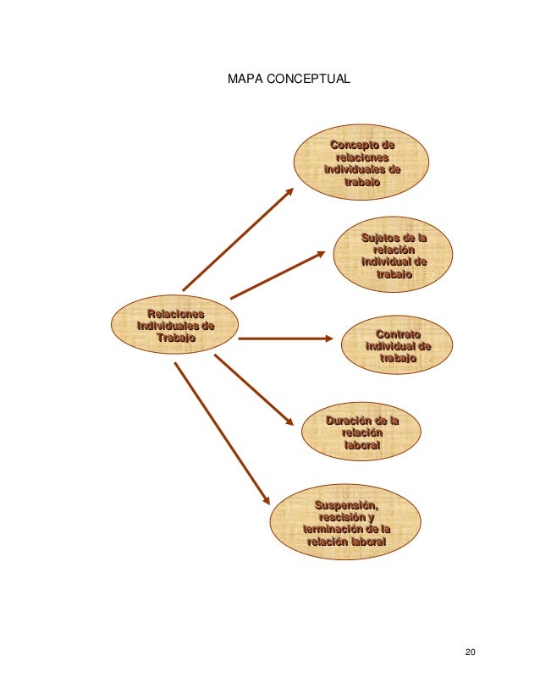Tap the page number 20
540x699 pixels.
point(471,651)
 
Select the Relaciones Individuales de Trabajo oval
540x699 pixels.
point(176,326)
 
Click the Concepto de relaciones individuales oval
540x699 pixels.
point(361,161)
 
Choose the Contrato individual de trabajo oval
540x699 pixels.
point(398,346)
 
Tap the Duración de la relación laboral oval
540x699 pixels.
point(361,432)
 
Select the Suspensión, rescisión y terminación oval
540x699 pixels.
point(345,524)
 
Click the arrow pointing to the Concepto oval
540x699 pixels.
point(238,239)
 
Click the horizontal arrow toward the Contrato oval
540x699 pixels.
point(285,338)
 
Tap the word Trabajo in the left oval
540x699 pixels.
point(176,338)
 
